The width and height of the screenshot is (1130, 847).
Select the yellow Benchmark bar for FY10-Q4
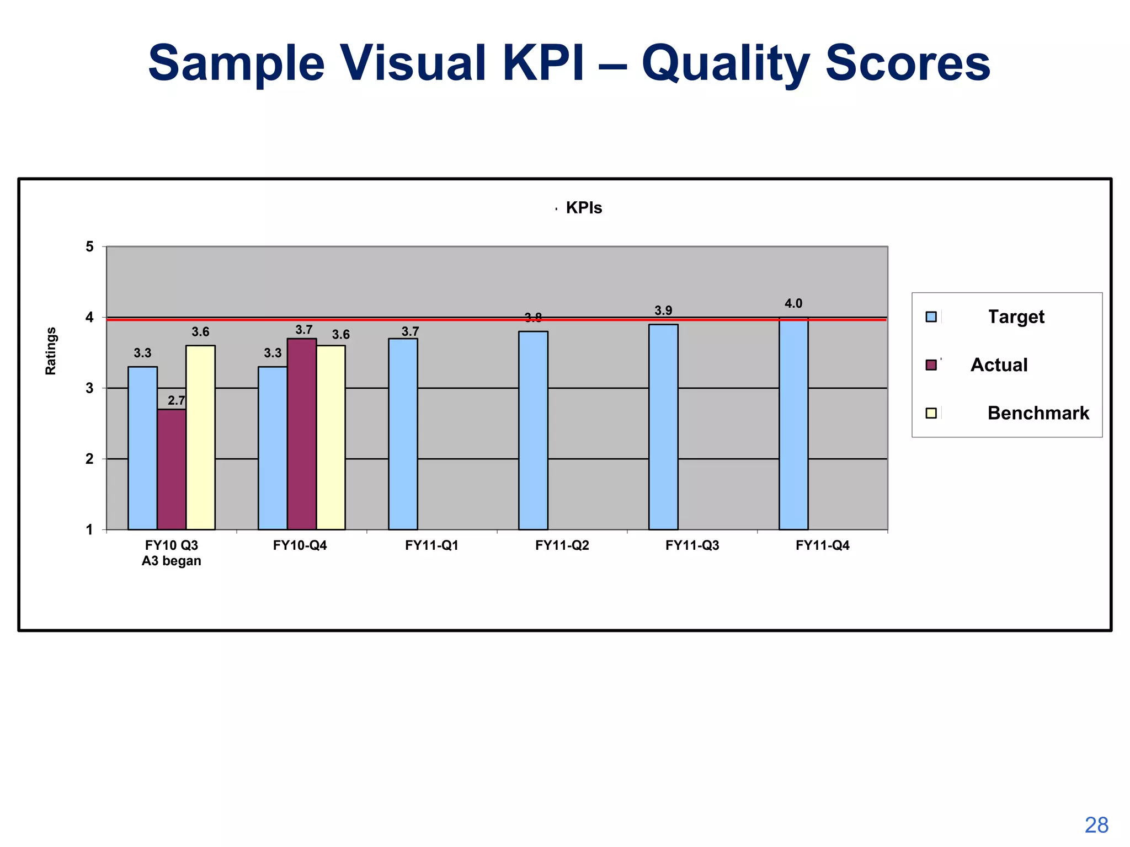point(331,437)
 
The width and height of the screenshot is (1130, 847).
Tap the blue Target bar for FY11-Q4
point(793,423)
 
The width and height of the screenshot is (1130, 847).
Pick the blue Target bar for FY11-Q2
point(533,430)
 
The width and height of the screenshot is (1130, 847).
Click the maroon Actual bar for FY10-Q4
point(301,434)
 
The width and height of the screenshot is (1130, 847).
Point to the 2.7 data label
point(177,400)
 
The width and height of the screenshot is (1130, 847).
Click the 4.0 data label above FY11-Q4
point(793,303)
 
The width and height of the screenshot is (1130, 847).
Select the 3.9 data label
point(663,310)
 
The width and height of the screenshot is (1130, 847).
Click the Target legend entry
point(1016,317)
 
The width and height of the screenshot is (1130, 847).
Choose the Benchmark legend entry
point(1038,413)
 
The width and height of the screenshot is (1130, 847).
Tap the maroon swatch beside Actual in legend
point(931,365)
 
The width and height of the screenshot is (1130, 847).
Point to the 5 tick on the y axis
point(89,246)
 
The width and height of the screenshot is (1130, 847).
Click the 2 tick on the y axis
point(89,459)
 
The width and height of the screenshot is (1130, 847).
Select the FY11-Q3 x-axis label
point(692,545)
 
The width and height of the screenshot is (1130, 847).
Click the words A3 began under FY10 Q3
point(171,561)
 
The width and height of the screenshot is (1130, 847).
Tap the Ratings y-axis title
point(50,351)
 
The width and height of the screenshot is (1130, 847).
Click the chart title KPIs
point(583,208)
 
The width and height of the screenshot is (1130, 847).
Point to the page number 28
point(1096,825)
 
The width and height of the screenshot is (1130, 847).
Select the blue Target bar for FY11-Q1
point(403,434)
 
